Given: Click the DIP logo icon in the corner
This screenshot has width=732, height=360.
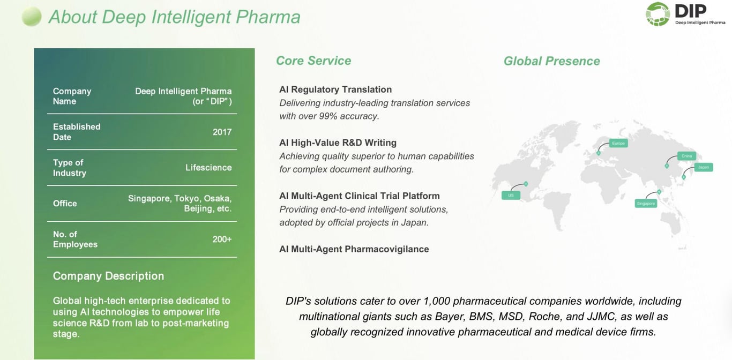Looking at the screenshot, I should coord(658,13).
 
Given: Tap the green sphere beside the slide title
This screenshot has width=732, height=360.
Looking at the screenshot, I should coord(32,17).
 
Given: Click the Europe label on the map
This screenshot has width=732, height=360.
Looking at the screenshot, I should coord(618,144).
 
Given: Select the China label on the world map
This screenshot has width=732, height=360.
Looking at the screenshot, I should coord(686,156).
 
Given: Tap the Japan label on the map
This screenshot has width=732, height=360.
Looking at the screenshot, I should coord(703,167).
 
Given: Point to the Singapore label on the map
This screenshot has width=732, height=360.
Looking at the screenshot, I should coord(646,204).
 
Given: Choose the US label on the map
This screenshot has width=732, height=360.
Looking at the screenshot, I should coord(511,196).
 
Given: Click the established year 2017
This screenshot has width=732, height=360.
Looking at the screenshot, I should coord(222,132).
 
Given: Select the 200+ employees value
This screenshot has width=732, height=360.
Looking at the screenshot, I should coord(222,239).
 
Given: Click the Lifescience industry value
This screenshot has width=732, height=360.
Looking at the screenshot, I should coord(208,168).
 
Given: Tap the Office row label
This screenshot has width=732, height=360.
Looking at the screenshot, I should coord(65,204).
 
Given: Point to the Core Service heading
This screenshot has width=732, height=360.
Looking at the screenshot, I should coord(313,61).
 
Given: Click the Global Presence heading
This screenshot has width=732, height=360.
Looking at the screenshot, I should coord(551,61).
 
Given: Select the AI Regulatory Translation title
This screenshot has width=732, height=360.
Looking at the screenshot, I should coord(335,89).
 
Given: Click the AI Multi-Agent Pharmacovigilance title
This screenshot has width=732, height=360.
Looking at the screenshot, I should coord(354,249).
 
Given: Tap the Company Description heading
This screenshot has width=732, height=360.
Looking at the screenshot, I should coord(108,276).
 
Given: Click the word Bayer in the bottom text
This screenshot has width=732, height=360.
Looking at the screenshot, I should coord(449,317).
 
